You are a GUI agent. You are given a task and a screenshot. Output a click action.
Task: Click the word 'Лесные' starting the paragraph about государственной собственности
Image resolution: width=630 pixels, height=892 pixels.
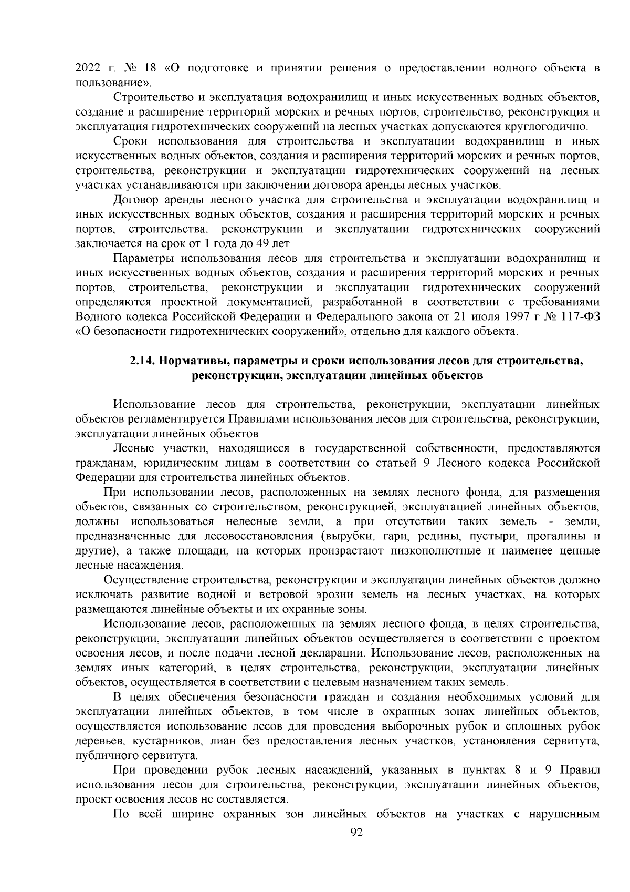point(134,448)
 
